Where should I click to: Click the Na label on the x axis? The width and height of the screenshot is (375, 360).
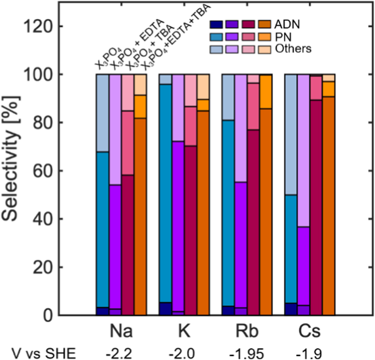[121, 332]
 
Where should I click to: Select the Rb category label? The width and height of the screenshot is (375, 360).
[247, 332]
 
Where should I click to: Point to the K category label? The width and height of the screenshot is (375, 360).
[184, 332]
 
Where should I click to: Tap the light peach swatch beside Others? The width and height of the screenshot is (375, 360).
[266, 49]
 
